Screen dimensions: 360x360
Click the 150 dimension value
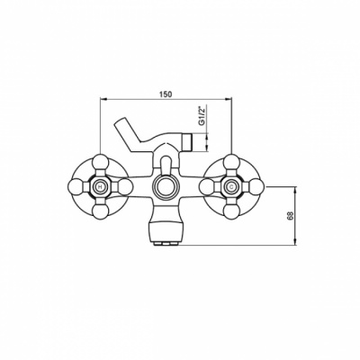click(166, 94)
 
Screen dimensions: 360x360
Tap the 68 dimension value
click(290, 216)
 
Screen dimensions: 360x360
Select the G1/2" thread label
click(202, 115)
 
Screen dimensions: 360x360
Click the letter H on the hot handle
click(100, 187)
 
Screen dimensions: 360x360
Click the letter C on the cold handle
click(231, 187)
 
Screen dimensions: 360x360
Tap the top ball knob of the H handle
click(100, 162)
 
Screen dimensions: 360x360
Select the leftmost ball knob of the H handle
click(76, 187)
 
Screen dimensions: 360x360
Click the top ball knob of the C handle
click(231, 162)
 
